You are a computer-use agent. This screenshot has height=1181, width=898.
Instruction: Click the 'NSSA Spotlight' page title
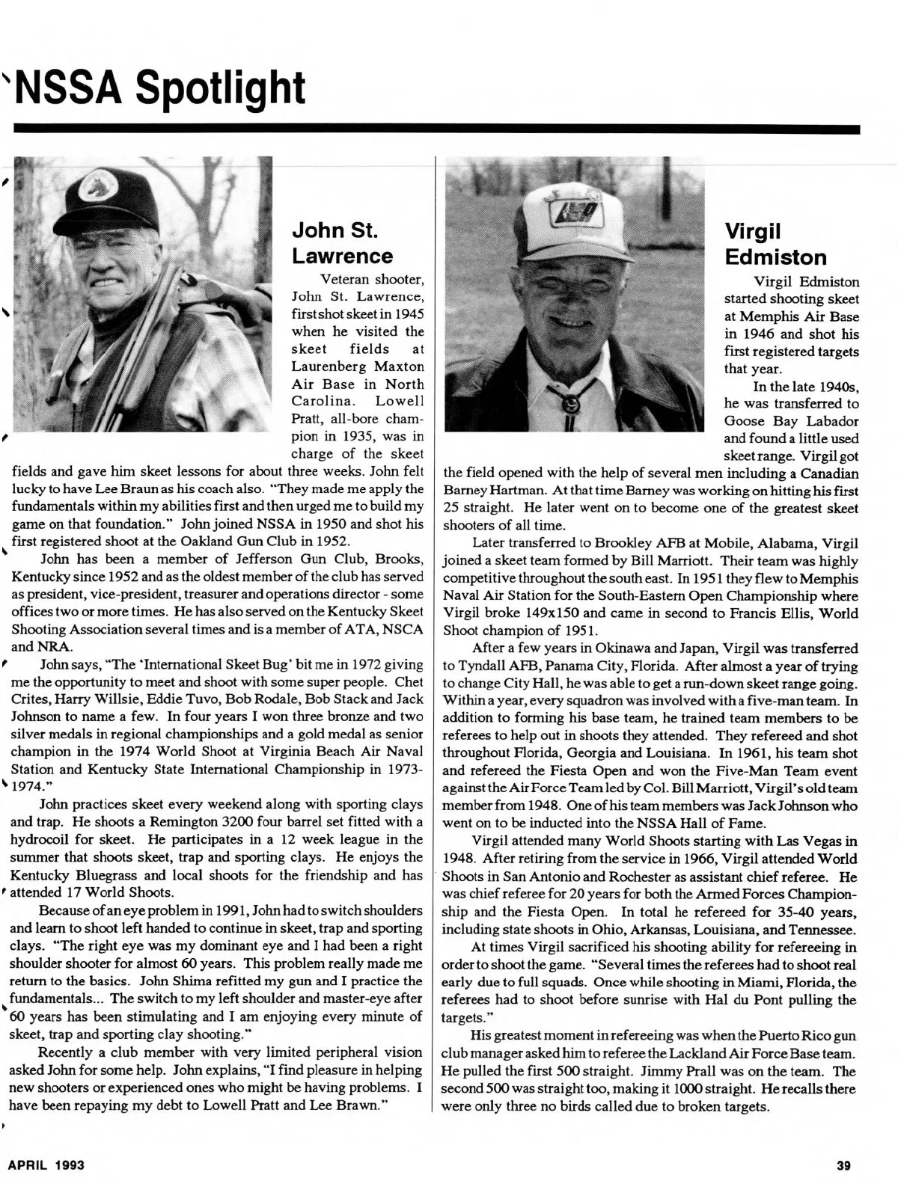(x=161, y=88)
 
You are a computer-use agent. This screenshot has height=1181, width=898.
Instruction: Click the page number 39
(x=844, y=1165)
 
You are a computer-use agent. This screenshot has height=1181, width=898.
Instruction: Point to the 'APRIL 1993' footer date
(x=46, y=1165)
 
